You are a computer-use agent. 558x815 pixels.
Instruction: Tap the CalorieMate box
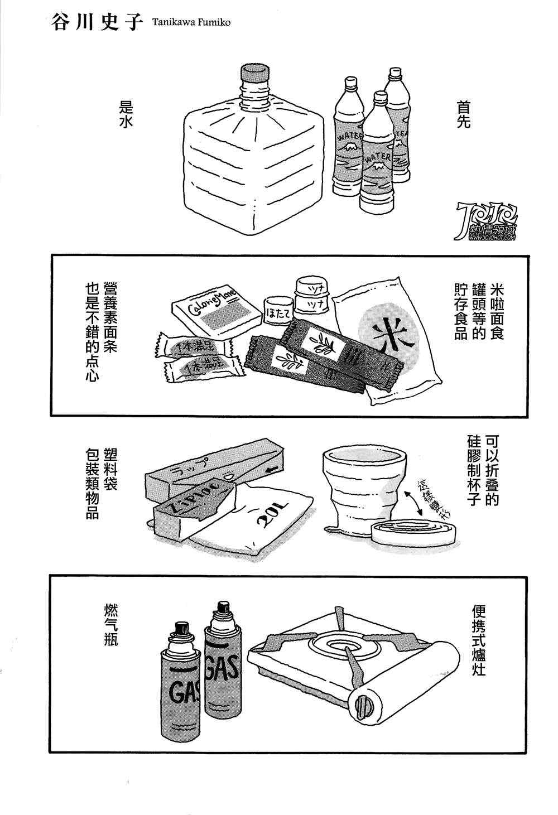(x=215, y=311)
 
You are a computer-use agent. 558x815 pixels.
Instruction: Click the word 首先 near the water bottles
(x=464, y=115)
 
